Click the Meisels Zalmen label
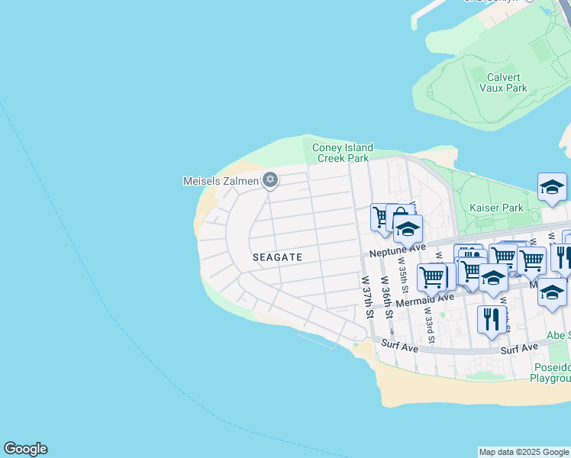click(x=221, y=181)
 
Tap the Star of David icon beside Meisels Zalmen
click(x=269, y=180)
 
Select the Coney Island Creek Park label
click(x=343, y=153)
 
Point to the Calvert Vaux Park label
click(x=503, y=82)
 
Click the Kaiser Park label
click(x=497, y=208)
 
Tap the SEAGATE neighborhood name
click(x=278, y=257)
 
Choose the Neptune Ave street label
click(x=397, y=249)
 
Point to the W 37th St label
click(x=368, y=297)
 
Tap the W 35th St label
click(x=402, y=274)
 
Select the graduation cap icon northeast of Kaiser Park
click(x=552, y=186)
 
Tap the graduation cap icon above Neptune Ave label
click(x=408, y=229)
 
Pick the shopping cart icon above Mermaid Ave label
click(x=431, y=277)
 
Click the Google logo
click(x=25, y=449)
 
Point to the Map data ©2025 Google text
click(x=524, y=452)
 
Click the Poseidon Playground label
click(x=550, y=373)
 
